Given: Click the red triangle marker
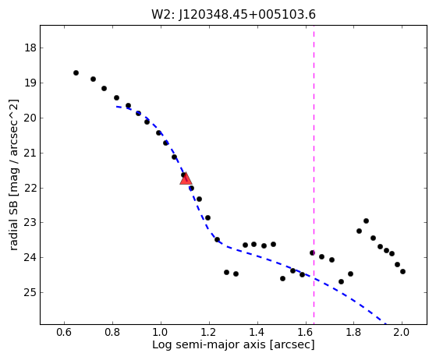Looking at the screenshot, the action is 186,178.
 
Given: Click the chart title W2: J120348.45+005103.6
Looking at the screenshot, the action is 233,15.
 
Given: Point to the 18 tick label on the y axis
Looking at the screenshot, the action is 30,48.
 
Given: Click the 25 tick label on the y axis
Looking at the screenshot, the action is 30,292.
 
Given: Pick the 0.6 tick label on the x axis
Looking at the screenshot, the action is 64,332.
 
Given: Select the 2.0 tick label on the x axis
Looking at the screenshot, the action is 402,332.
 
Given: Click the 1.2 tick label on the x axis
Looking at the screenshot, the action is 209,332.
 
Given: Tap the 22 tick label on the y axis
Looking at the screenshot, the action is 30,188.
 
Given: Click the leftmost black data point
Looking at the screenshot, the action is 76,72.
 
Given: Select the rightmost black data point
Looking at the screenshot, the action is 402,271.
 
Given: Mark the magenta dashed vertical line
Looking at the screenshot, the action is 314,175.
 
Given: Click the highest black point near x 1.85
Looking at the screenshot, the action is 366,221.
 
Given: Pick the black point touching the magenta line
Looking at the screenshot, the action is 312,252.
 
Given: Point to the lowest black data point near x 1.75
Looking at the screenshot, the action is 341,281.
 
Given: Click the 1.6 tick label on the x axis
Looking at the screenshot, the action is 305,332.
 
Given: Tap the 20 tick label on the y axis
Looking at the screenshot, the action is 30,118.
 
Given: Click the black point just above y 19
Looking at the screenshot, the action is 93,79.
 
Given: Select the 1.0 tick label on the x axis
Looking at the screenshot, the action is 161,332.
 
